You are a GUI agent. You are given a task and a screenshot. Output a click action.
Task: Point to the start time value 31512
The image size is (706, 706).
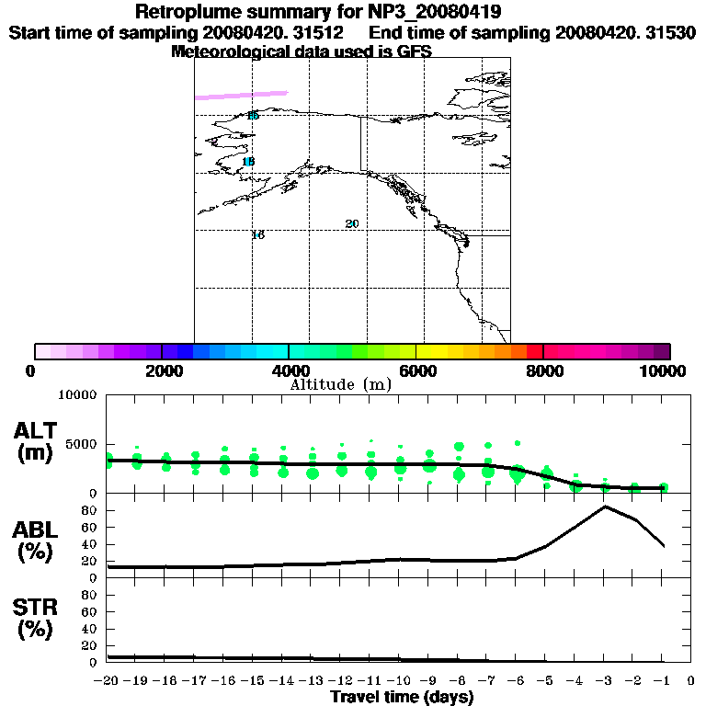[313, 32]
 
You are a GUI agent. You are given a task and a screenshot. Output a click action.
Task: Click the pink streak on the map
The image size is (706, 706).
[242, 94]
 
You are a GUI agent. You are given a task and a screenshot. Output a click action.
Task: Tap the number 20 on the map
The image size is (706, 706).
[352, 224]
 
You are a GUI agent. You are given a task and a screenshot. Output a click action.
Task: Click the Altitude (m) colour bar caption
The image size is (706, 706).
[341, 384]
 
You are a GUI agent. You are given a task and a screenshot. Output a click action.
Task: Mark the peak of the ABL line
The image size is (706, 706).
[605, 507]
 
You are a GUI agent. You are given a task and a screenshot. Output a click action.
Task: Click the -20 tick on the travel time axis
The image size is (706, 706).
[107, 681]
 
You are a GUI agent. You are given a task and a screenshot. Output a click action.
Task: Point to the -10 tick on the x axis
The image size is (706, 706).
[400, 681]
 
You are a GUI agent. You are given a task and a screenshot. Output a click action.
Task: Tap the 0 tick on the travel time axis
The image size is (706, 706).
[691, 681]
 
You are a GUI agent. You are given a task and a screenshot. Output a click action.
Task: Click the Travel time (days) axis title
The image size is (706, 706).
[402, 697]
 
